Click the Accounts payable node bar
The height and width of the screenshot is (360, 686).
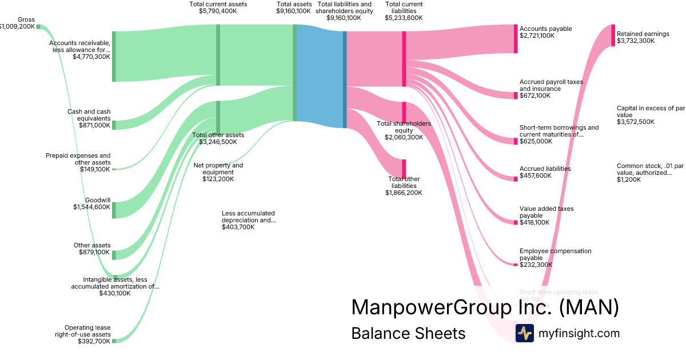point(515,39)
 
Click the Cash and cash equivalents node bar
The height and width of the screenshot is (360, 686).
point(114,125)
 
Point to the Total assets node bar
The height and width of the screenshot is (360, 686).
point(295,73)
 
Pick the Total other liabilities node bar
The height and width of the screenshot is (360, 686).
point(404,169)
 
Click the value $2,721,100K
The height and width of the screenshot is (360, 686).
point(537,35)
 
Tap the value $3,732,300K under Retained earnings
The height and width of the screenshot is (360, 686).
point(636,41)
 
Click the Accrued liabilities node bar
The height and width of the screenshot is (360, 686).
point(515,179)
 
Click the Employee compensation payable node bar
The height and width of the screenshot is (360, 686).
point(515,265)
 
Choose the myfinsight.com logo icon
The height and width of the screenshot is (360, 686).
point(524,333)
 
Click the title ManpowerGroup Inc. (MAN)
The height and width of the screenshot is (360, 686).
point(485,307)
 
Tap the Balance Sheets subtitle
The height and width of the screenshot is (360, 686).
point(408,333)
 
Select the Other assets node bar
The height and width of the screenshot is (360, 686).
point(114,255)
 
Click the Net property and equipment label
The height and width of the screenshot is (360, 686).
point(218,169)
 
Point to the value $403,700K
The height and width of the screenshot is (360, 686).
point(238,227)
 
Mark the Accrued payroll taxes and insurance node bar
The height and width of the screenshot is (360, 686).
point(515,95)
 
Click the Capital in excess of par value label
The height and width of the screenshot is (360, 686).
point(650,111)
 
